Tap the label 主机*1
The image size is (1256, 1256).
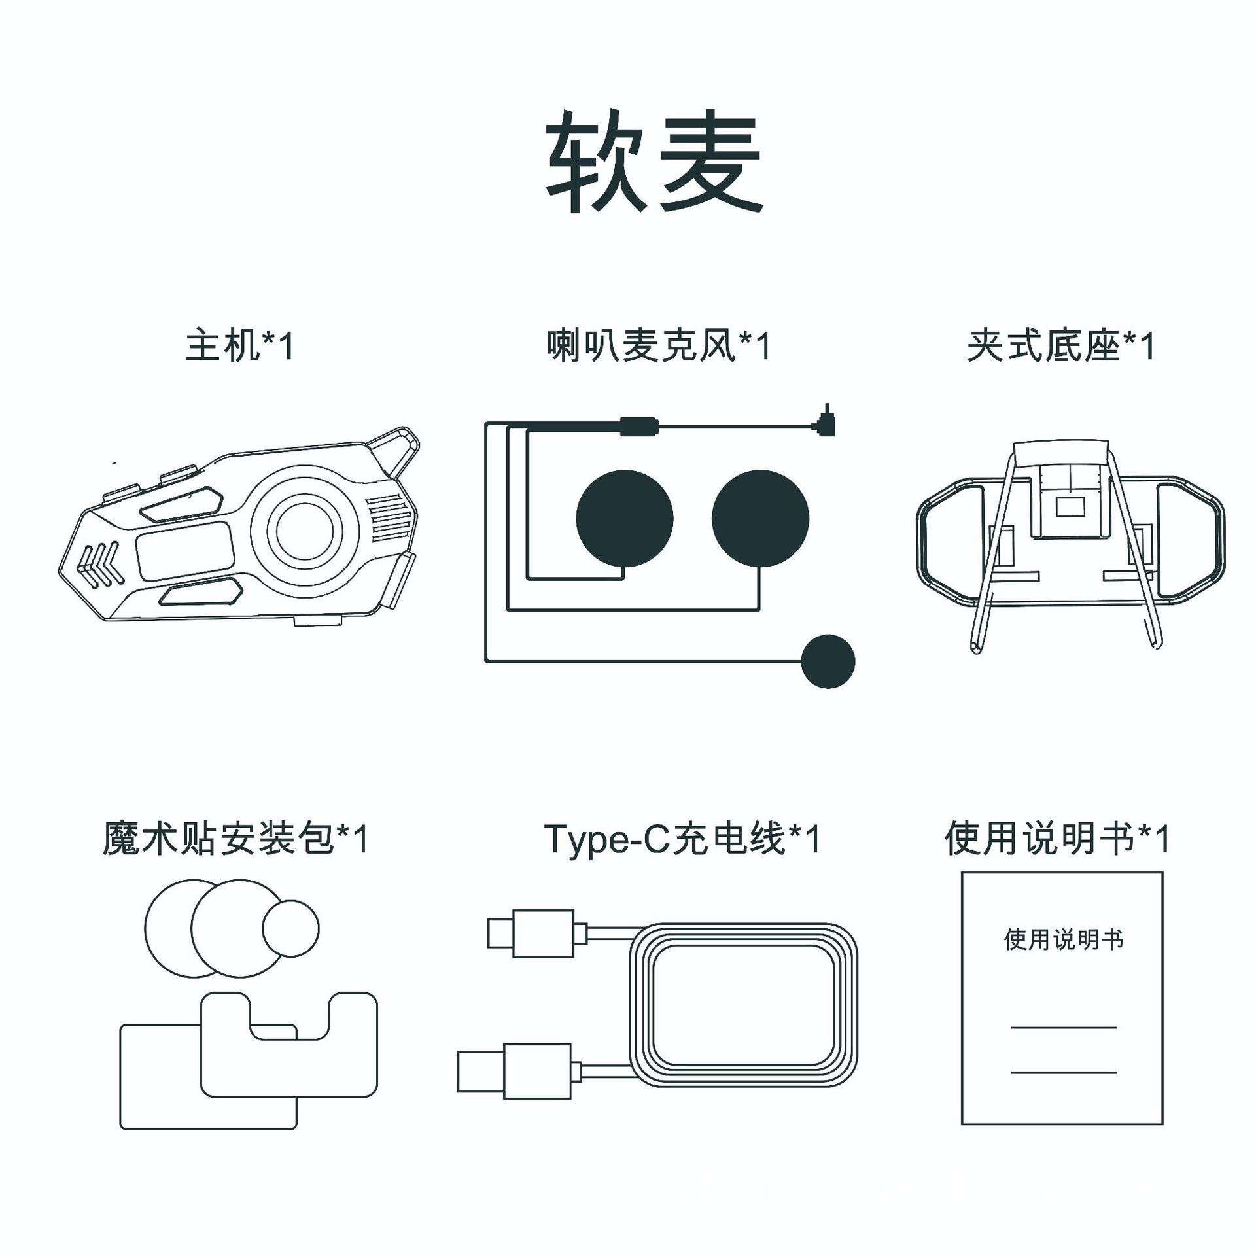coord(239,345)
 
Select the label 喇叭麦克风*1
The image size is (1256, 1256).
coord(658,345)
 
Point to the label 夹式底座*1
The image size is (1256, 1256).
coord(1060,345)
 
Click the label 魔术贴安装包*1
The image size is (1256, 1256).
coord(236,839)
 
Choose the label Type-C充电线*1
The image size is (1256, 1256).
coord(682,839)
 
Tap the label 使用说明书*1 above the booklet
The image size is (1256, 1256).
coord(1056,839)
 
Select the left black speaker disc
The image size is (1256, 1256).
coord(624,518)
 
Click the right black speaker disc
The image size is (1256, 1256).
coord(760,518)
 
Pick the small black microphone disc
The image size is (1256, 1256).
coord(828,661)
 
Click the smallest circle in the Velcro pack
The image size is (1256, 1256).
coord(290,928)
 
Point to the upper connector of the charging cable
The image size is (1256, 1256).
coord(531,933)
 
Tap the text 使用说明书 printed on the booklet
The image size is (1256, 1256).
coord(1063,940)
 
